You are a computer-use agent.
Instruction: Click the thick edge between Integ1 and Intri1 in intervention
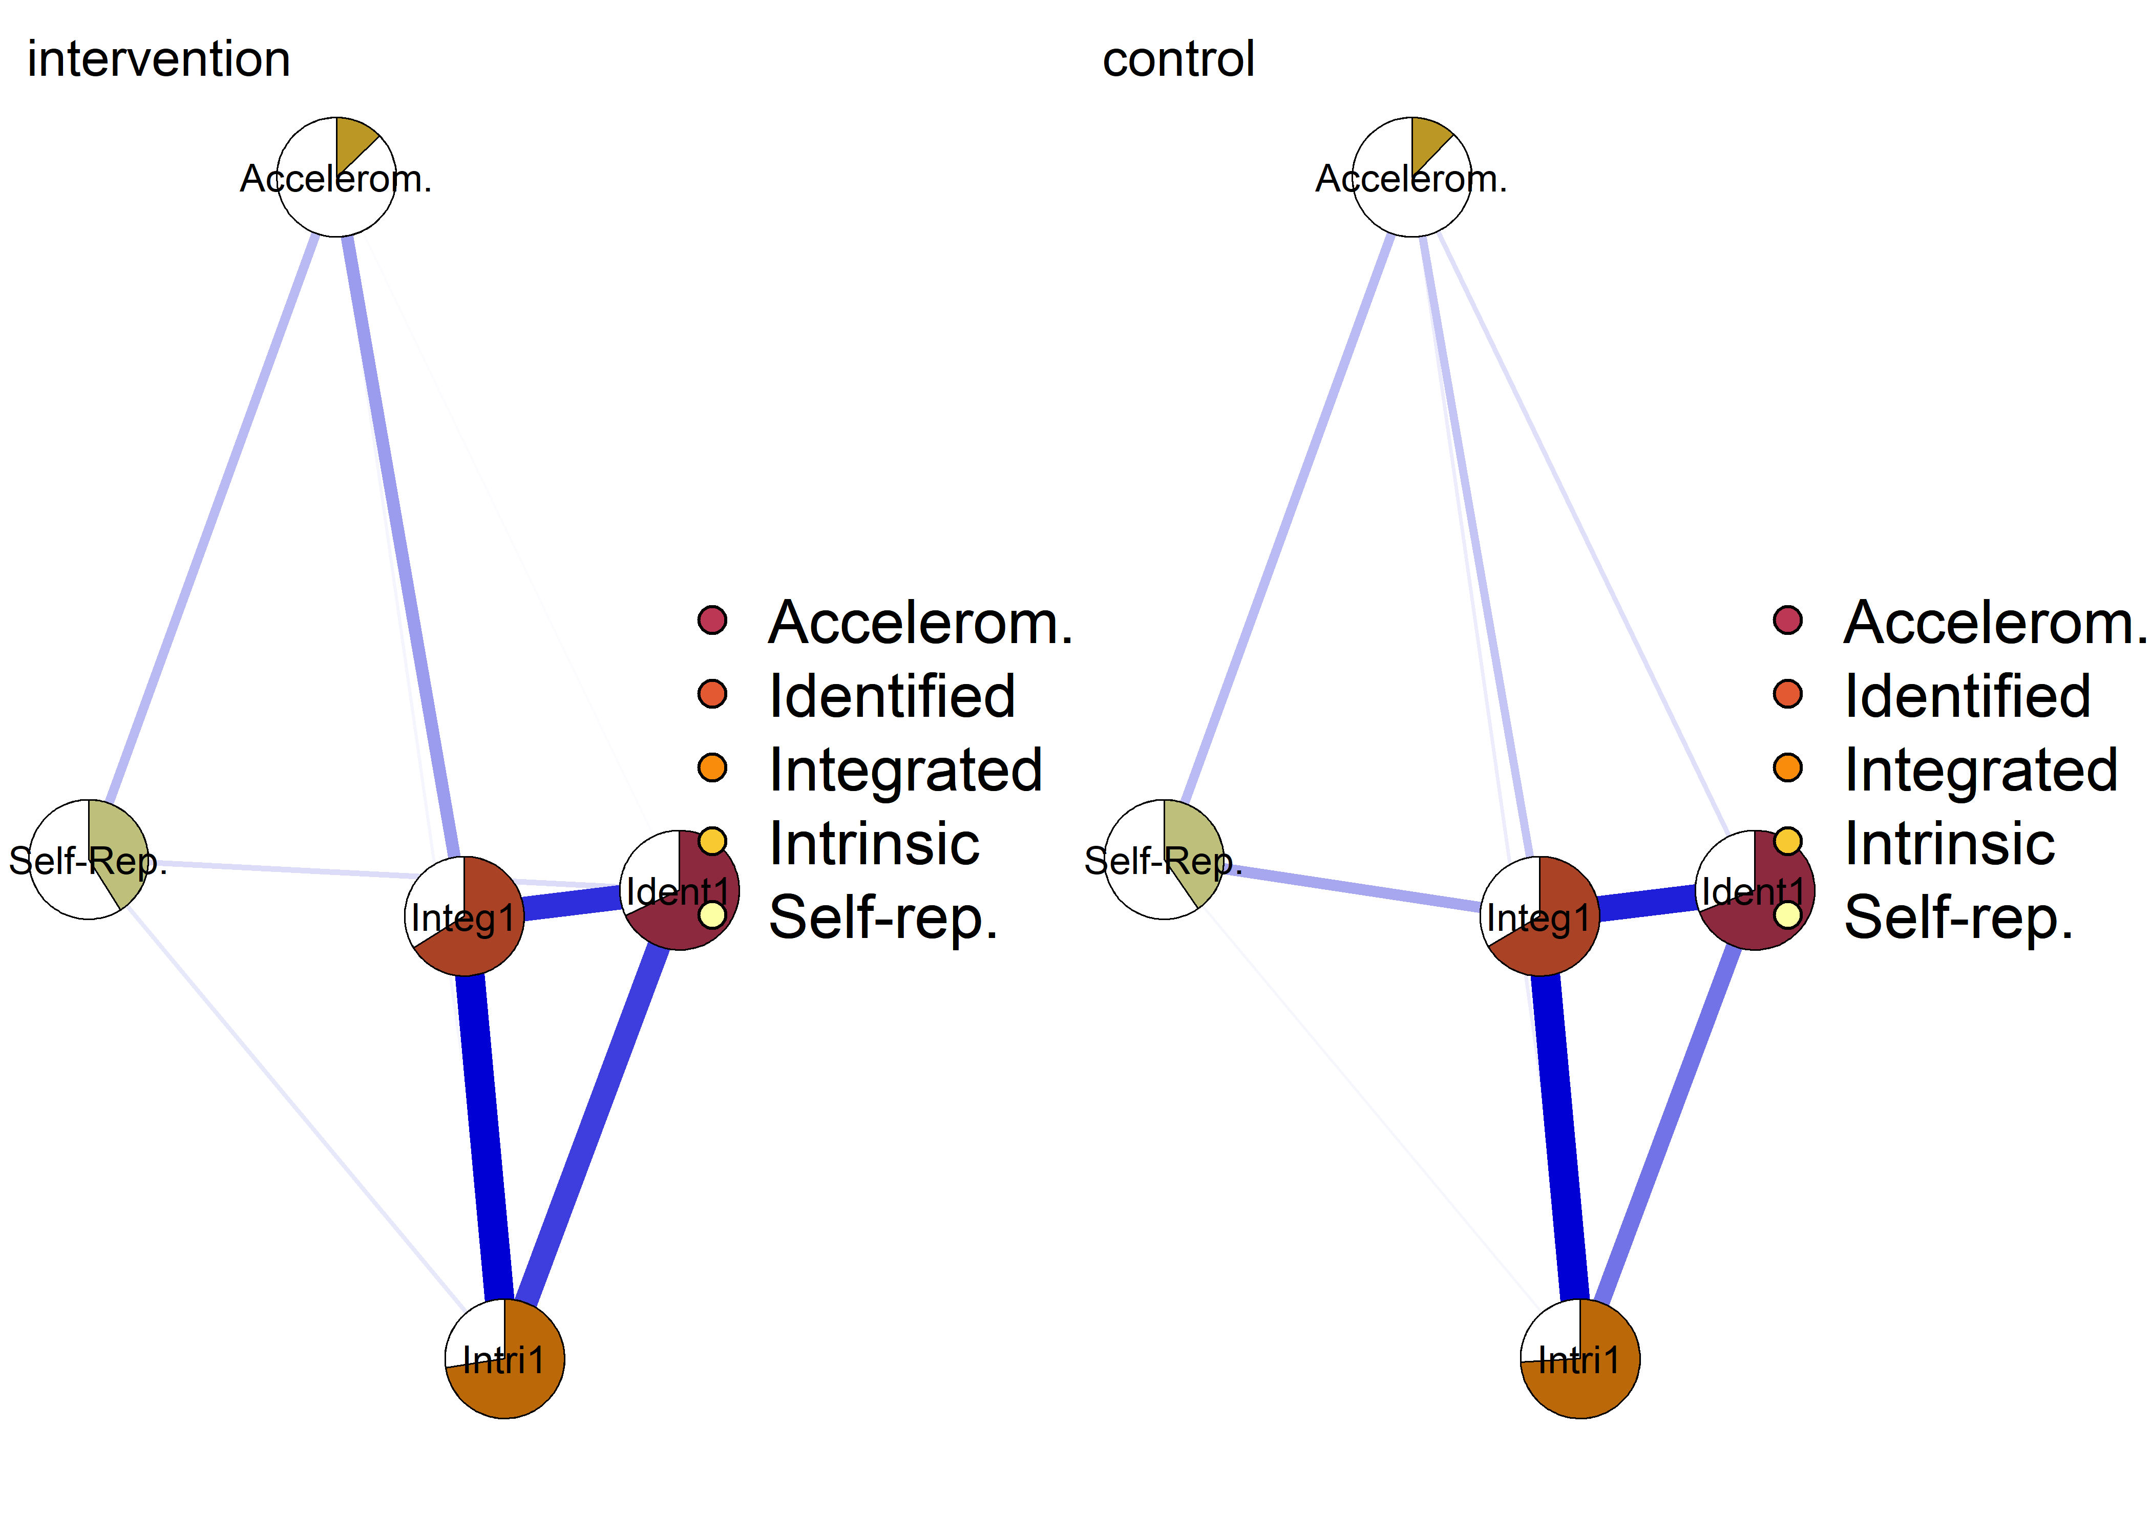coord(484,1135)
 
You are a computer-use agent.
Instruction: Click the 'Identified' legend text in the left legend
coord(892,696)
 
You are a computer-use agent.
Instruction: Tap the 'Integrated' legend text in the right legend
coord(1981,770)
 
